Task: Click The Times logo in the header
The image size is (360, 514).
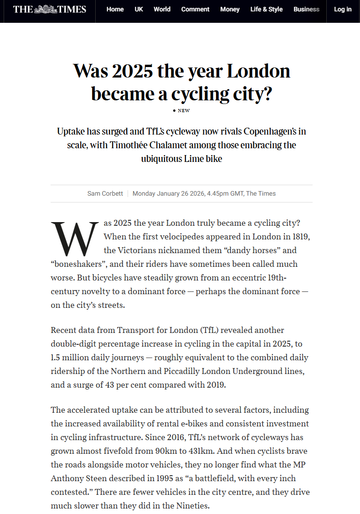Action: (49, 9)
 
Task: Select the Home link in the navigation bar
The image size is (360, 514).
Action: (115, 9)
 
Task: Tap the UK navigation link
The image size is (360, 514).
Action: (139, 9)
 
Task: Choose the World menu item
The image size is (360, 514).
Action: (162, 9)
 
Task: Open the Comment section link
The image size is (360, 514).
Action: (195, 9)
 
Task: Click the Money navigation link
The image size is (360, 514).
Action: (230, 9)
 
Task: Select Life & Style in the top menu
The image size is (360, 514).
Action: (267, 9)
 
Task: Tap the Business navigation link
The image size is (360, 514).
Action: (306, 9)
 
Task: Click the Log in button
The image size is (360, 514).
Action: (343, 9)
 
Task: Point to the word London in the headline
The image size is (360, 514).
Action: (258, 72)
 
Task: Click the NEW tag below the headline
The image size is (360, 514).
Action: (184, 110)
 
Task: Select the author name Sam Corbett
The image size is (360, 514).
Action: (105, 193)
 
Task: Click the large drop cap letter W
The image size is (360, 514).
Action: (74, 239)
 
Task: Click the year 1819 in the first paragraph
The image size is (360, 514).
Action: (301, 237)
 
